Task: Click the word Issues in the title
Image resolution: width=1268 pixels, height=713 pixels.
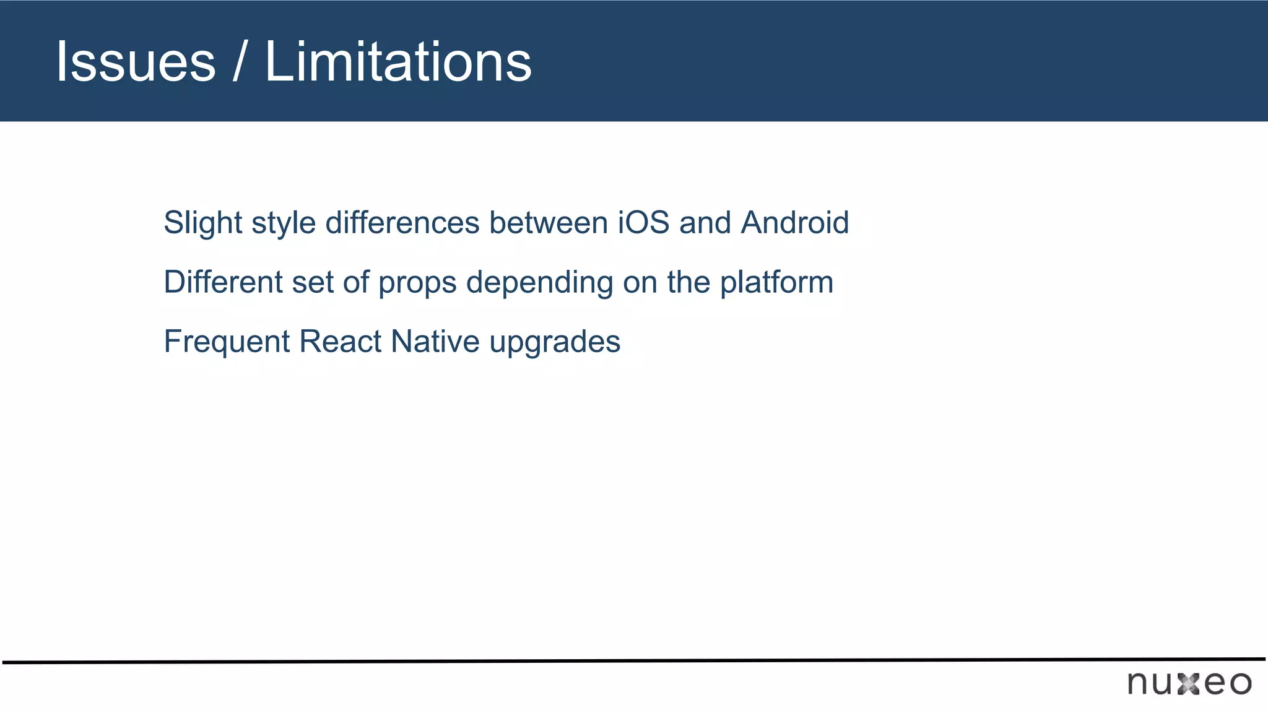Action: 136,62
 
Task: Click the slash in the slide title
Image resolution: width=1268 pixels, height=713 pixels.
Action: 239,62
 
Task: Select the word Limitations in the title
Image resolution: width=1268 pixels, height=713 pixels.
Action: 398,62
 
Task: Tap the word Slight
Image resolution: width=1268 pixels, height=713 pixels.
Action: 202,223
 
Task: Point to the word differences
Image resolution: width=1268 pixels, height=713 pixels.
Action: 402,223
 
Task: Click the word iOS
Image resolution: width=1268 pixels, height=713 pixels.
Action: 644,223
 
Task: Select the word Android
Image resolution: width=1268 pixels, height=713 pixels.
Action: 795,223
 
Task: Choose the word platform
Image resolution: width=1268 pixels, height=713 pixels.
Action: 776,282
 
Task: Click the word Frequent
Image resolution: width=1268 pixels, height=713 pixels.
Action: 227,342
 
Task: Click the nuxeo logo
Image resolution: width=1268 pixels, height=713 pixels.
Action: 1189,683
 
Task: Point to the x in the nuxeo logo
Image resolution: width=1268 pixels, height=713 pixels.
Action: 1189,684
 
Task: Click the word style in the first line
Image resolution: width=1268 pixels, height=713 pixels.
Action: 284,223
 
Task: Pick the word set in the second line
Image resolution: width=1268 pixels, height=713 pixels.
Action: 313,282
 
